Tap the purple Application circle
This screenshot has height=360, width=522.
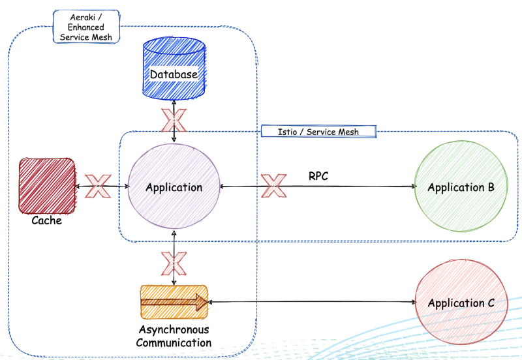click(174, 187)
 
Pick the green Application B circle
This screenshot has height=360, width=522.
click(460, 187)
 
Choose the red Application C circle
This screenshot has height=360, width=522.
click(460, 303)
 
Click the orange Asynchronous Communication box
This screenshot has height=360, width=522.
click(174, 302)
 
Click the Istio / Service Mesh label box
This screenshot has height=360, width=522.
click(318, 132)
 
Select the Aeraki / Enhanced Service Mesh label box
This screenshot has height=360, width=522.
click(85, 27)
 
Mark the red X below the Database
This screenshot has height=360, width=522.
click(174, 119)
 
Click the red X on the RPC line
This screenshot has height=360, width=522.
click(274, 186)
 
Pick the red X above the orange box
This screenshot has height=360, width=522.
click(174, 263)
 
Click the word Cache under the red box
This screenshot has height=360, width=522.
click(46, 220)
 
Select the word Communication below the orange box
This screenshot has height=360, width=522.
click(174, 342)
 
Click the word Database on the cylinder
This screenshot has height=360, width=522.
click(174, 74)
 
